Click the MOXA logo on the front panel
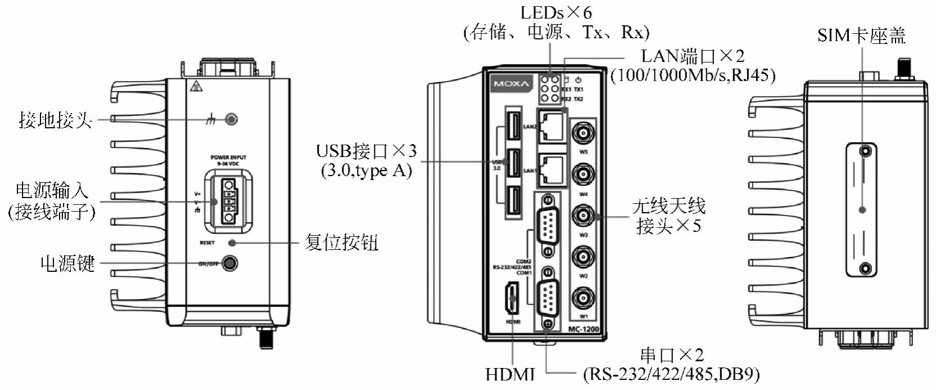(511, 84)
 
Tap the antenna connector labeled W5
(584, 133)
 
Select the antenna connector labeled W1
(584, 298)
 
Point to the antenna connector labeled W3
(584, 216)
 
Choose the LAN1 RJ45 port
(551, 169)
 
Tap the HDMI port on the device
(512, 298)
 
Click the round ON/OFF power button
(229, 263)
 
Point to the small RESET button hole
(232, 243)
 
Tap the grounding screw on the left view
(231, 119)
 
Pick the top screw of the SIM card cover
(866, 151)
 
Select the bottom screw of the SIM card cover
(866, 268)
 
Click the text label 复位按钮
(341, 243)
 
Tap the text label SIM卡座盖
(861, 36)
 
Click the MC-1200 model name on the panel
(584, 329)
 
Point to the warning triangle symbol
(195, 86)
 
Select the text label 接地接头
(55, 120)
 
